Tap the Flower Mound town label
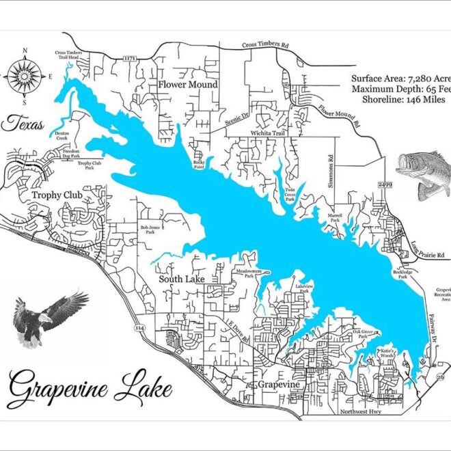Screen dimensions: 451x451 (x=187, y=85)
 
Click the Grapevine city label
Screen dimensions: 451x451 (x=278, y=385)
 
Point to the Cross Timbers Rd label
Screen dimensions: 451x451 (x=265, y=46)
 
